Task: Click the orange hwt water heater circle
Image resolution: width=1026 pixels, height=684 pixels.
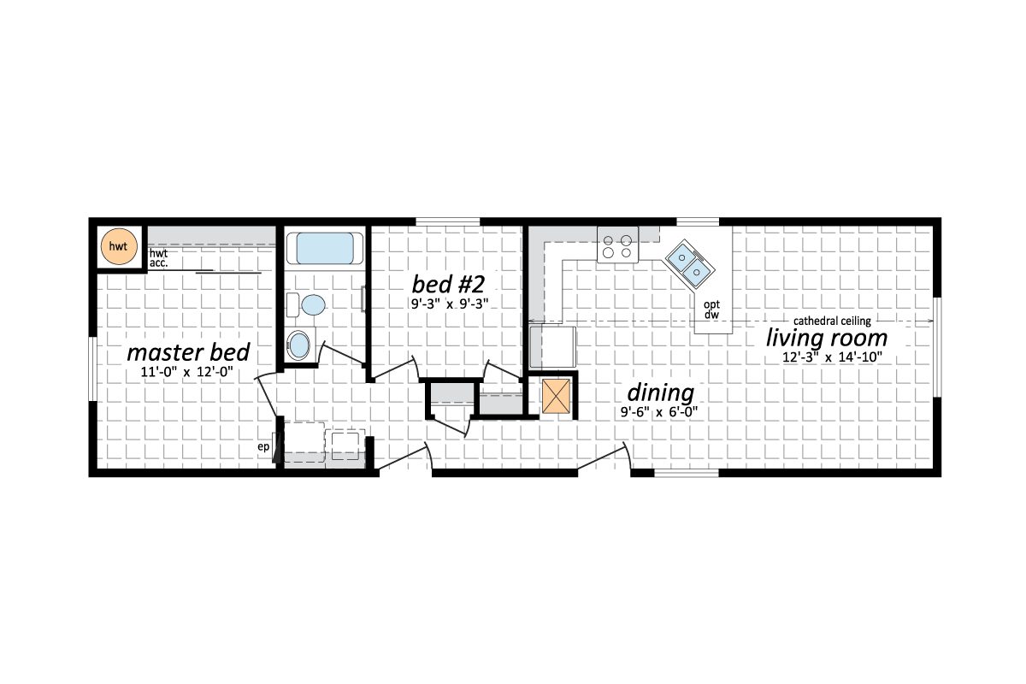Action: [x=119, y=247]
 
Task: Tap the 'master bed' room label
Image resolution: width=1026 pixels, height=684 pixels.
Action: [x=188, y=352]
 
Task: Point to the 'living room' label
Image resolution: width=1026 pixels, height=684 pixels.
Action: [x=826, y=338]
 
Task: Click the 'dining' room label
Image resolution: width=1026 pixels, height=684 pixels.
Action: [x=660, y=393]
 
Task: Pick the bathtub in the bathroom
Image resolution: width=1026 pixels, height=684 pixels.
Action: [x=325, y=249]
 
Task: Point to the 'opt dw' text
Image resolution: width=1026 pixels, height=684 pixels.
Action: [x=711, y=310]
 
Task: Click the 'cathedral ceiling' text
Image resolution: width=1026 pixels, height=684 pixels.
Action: [x=832, y=321]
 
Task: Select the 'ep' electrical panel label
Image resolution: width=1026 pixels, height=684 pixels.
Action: [x=265, y=446]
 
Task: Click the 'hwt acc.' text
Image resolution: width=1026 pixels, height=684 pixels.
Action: [x=158, y=259]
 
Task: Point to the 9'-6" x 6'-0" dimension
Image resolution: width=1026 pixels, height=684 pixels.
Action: [x=658, y=412]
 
